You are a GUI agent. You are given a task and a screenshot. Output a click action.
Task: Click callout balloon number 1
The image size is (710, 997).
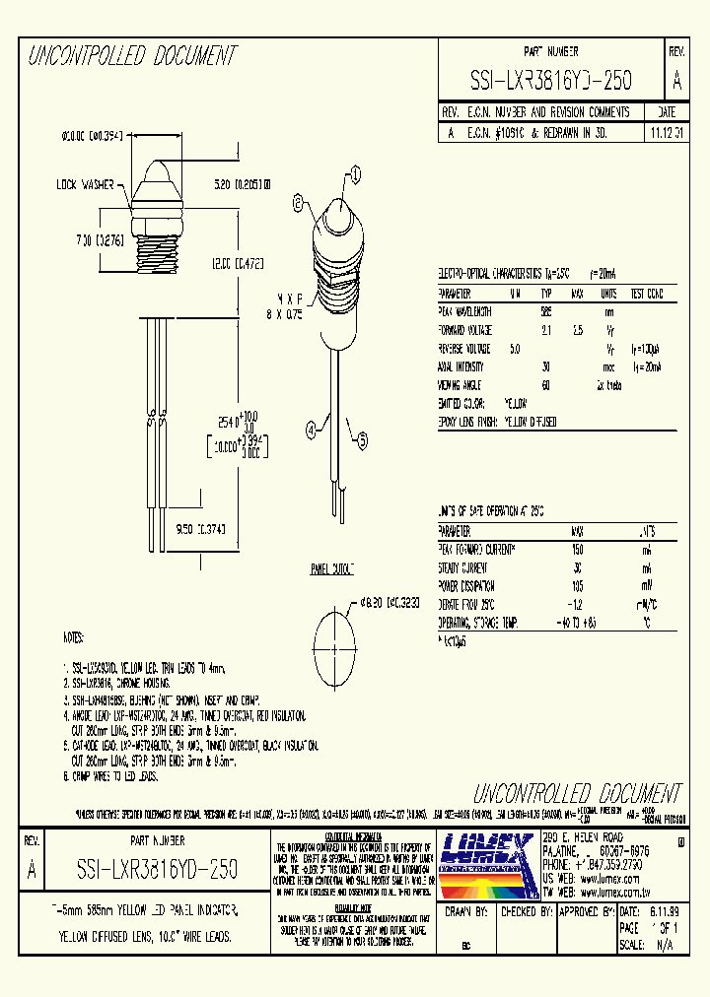tap(353, 175)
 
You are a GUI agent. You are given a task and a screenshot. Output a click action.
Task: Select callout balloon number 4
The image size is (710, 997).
tap(312, 429)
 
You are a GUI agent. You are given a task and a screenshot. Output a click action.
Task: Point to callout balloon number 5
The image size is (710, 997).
tap(362, 443)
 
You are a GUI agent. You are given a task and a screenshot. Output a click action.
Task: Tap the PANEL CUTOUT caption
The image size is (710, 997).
tap(333, 569)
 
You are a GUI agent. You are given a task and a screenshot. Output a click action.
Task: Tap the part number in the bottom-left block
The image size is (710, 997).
tap(157, 869)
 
